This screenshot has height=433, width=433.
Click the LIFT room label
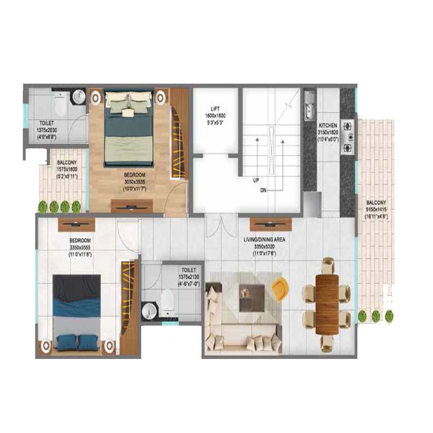pyautogui.click(x=216, y=108)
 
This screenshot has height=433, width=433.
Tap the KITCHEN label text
pyautogui.click(x=328, y=125)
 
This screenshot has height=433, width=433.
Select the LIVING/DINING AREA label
pyautogui.click(x=265, y=240)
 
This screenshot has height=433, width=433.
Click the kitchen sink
pyautogui.click(x=310, y=105)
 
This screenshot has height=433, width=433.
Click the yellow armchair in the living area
pyautogui.click(x=280, y=287)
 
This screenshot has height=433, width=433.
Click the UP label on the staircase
pyautogui.click(x=255, y=180)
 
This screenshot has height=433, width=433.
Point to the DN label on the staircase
pyautogui.click(x=264, y=190)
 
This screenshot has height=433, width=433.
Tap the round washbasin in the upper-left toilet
pyautogui.click(x=79, y=97)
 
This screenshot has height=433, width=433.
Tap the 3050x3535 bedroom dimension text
pyautogui.click(x=134, y=182)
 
